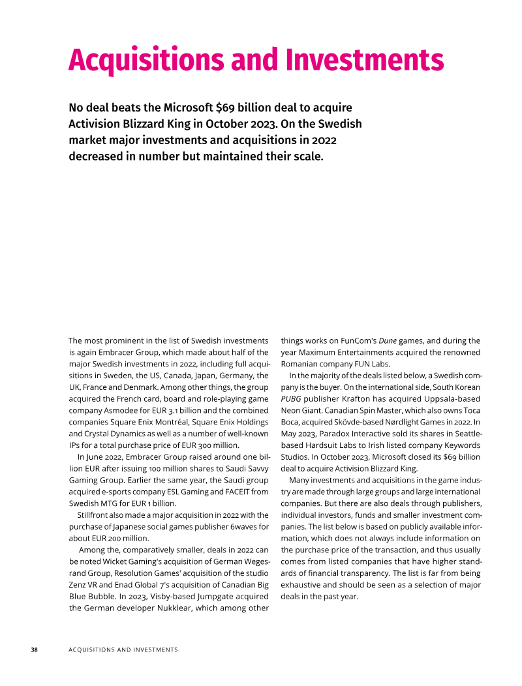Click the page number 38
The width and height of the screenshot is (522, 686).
(x=35, y=650)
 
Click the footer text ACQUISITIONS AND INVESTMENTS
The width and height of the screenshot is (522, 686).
(x=123, y=650)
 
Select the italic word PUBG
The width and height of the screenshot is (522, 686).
(x=292, y=398)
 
